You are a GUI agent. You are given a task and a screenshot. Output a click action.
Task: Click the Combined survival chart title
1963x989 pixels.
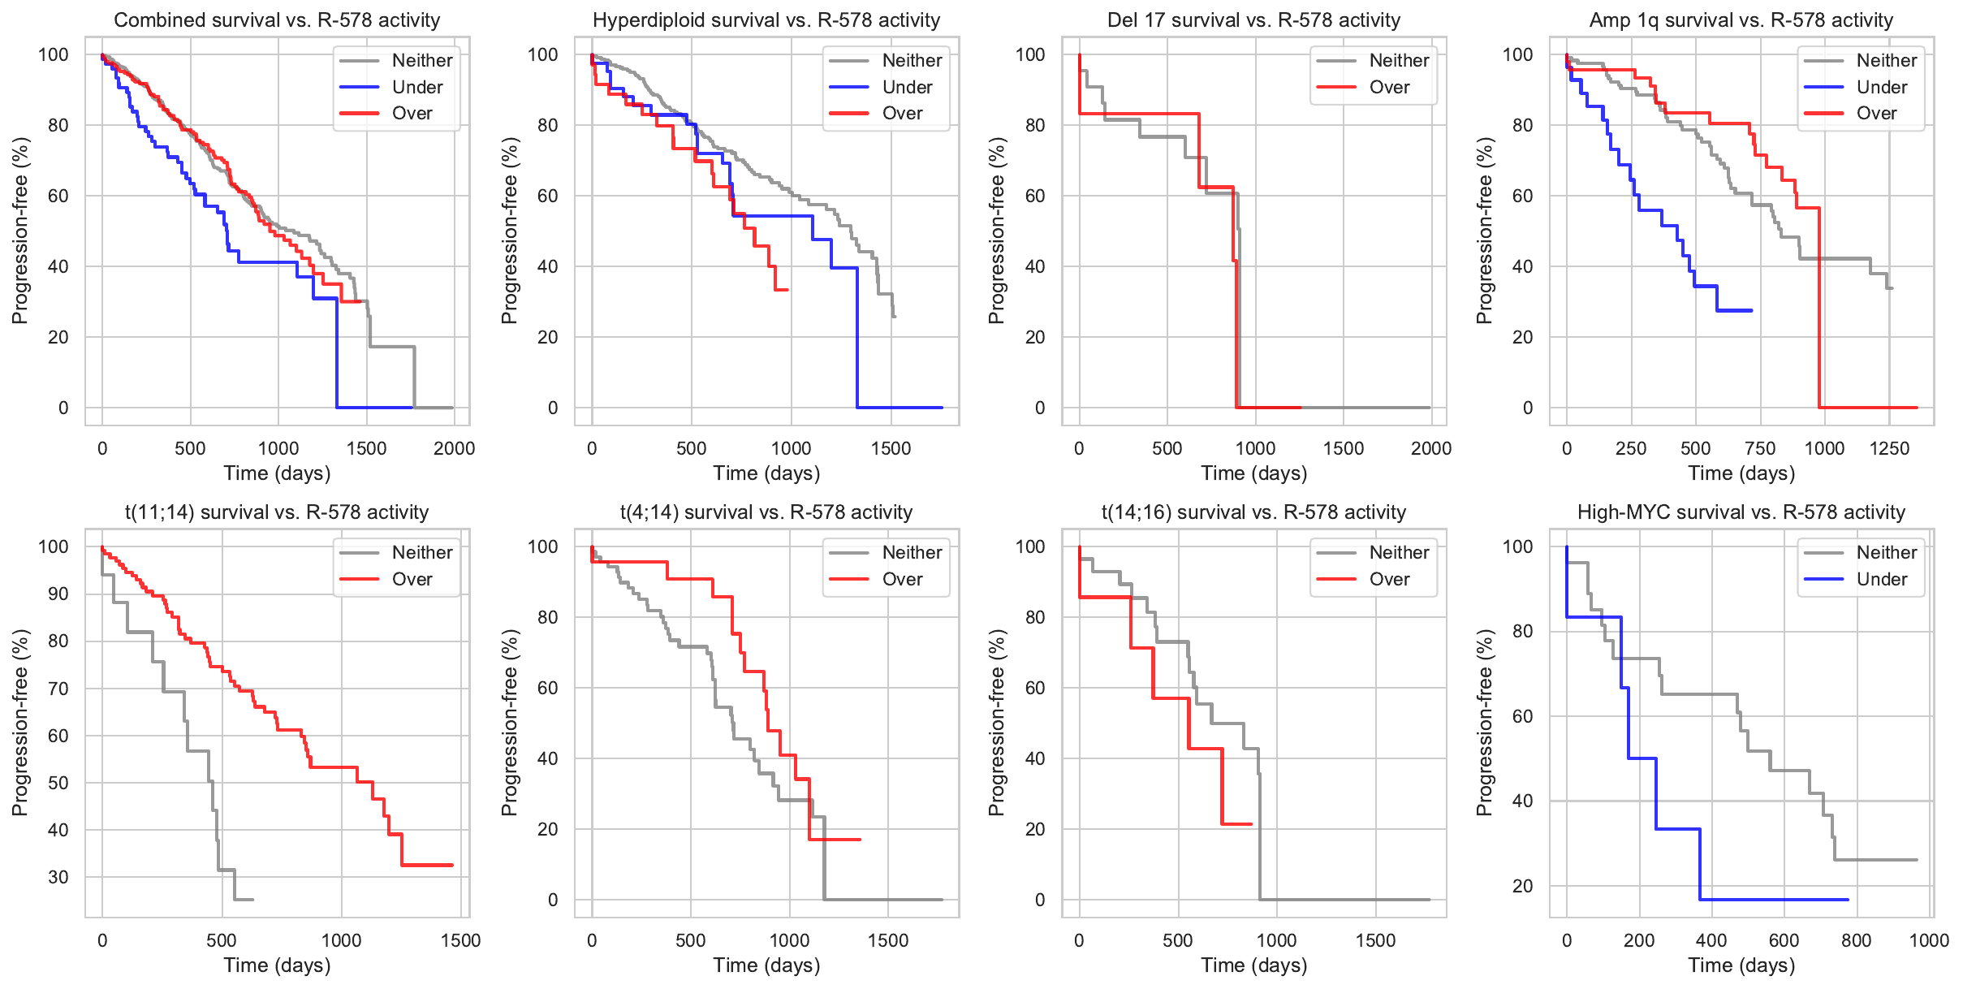click(277, 20)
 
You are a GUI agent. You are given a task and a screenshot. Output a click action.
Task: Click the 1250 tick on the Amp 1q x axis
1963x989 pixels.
click(1889, 448)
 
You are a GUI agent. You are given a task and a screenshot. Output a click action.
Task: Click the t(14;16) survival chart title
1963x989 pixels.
click(1253, 512)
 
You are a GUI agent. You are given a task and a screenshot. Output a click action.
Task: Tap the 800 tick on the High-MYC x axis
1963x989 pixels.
click(1857, 940)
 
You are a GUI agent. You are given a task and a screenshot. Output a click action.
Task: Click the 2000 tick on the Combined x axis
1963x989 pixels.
click(454, 448)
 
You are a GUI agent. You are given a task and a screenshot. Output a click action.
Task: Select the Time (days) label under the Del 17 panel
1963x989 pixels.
click(1253, 473)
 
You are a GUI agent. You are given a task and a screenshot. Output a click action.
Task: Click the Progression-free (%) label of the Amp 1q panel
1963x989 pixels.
click(1484, 231)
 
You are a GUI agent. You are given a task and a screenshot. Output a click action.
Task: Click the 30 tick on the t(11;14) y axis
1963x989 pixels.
click(58, 877)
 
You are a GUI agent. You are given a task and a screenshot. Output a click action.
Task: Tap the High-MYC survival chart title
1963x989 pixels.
click(1741, 512)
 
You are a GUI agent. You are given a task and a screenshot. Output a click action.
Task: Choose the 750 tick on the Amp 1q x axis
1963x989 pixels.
click(1760, 448)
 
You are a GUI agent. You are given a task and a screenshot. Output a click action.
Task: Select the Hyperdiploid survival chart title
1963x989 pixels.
click(766, 20)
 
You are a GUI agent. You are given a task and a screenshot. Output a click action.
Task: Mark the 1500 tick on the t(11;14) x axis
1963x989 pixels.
click(460, 940)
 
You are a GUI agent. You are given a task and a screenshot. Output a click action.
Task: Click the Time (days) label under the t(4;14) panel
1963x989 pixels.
click(766, 965)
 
